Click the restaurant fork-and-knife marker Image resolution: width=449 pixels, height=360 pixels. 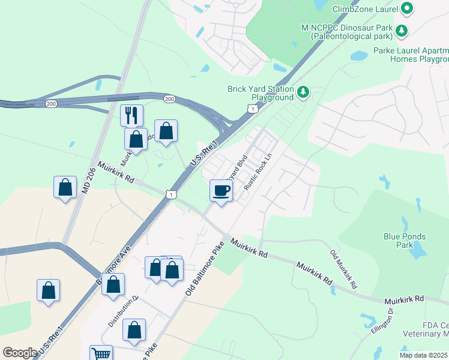(131, 115)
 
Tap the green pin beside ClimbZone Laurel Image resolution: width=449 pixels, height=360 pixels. (408, 8)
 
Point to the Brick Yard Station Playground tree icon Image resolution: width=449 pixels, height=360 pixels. (304, 92)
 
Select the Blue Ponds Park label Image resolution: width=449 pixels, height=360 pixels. (405, 241)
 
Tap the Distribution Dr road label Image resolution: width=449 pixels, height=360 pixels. (123, 311)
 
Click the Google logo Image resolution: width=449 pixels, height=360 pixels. (20, 353)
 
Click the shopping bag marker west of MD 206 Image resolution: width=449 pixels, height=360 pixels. (64, 188)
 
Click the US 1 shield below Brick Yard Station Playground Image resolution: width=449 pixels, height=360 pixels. (252, 108)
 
